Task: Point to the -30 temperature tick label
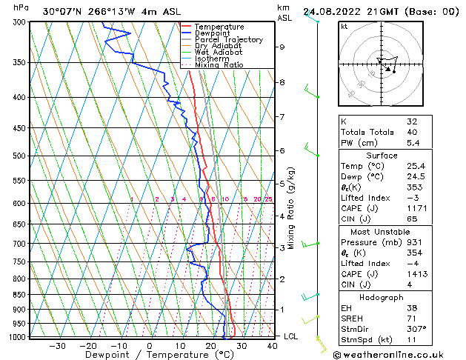point(57,345)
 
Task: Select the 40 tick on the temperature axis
point(272,345)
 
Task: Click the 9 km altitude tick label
point(282,47)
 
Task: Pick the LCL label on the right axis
point(292,336)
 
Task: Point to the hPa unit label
point(21,7)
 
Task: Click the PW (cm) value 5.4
point(413,143)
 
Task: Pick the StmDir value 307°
point(416,328)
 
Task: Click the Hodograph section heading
point(382,297)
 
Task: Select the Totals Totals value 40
point(412,132)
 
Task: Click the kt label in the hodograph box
point(344,27)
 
